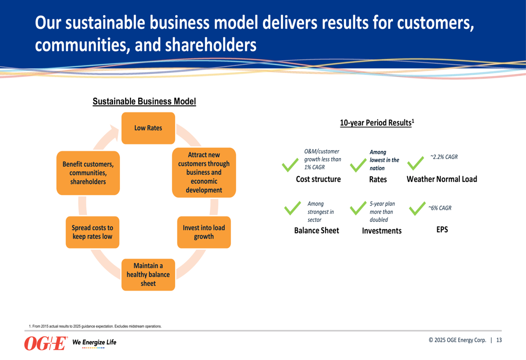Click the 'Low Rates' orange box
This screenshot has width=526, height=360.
click(x=148, y=128)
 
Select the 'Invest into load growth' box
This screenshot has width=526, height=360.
click(x=204, y=232)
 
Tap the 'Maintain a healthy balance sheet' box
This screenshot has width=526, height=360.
click(x=148, y=274)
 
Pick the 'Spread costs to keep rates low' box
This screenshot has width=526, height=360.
click(x=92, y=232)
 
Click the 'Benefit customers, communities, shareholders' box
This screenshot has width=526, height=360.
click(x=88, y=173)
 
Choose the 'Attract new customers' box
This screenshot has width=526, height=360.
click(x=204, y=172)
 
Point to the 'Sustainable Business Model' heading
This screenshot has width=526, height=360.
click(x=144, y=101)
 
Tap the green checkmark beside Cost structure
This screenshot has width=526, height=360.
click(x=290, y=165)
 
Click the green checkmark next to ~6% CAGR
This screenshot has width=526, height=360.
click(x=417, y=209)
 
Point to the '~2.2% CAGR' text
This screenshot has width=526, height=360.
click(x=444, y=157)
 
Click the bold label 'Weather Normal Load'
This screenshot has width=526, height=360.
click(x=442, y=179)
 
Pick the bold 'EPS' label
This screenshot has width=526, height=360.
click(x=442, y=230)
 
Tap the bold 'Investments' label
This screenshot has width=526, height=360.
click(x=381, y=231)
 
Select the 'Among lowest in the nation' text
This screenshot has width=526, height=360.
click(x=384, y=160)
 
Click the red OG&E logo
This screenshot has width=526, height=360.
click(x=46, y=343)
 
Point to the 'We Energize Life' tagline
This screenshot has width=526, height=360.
click(x=94, y=343)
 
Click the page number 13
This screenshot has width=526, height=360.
click(x=499, y=340)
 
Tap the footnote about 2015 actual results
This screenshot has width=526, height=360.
click(x=95, y=326)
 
